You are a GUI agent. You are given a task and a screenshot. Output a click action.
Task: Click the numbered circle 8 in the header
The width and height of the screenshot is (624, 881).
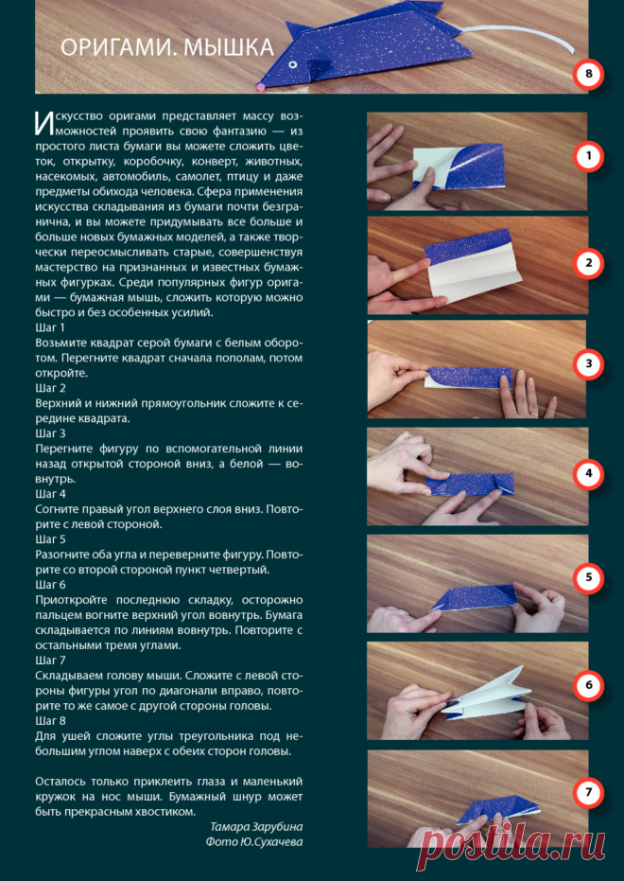pos(588,75)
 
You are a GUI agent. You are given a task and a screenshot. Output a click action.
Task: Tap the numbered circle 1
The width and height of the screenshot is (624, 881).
pos(588,157)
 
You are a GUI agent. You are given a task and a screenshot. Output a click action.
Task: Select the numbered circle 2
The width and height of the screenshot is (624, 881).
pos(588,263)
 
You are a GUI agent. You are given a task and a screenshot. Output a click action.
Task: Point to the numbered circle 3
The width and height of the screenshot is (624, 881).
pos(588,363)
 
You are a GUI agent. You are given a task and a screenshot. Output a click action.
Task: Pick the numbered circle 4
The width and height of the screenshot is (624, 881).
pos(588,474)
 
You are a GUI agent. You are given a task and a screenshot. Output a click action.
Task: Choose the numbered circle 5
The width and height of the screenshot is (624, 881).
pos(588,578)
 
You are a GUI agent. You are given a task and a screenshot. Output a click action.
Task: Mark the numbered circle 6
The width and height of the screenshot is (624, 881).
pos(588,685)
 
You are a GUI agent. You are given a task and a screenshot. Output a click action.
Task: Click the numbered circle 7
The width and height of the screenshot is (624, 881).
pos(588,793)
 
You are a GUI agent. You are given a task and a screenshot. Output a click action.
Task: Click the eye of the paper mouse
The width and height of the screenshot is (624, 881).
pos(292,66)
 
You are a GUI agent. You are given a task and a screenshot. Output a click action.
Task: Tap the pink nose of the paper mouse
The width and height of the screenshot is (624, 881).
pos(259,87)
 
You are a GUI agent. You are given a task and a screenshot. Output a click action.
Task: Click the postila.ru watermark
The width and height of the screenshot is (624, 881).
pos(511,839)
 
